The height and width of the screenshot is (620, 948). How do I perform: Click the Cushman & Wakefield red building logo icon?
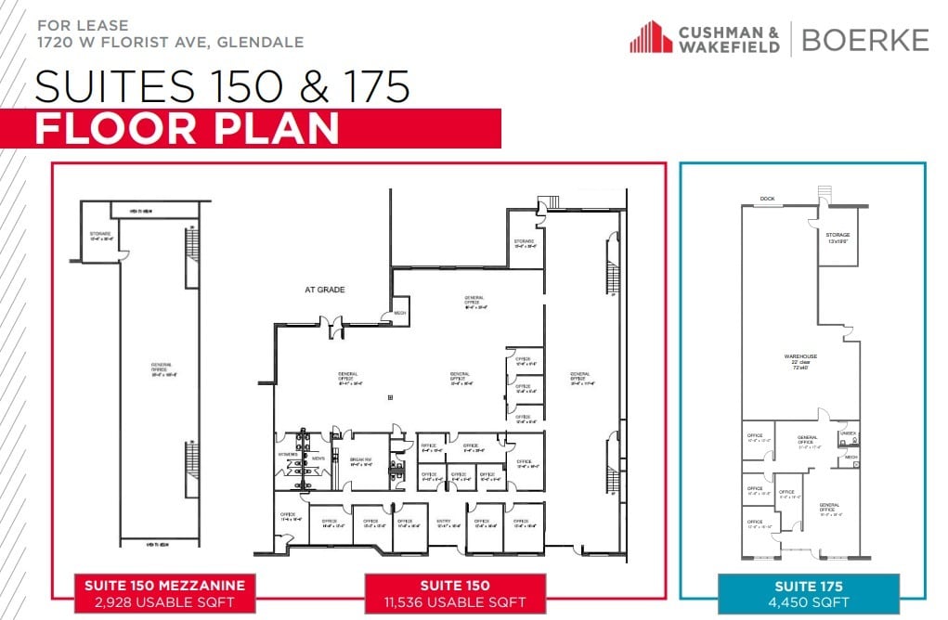[651, 37]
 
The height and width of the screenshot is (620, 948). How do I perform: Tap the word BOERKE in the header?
[864, 39]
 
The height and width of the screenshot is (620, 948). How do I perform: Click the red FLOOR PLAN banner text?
[186, 129]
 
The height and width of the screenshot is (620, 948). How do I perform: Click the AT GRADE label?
[325, 290]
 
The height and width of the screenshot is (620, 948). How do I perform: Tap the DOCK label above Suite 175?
[767, 199]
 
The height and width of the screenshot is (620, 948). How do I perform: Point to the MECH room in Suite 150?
[401, 312]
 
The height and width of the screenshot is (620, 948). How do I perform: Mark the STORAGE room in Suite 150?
[525, 244]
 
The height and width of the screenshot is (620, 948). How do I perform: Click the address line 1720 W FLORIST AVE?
[170, 43]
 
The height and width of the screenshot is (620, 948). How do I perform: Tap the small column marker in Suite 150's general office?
[390, 397]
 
